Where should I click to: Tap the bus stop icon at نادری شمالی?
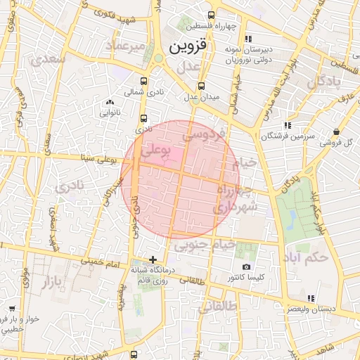point(144,81)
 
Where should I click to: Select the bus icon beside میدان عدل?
point(201,86)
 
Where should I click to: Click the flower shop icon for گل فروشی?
point(336,131)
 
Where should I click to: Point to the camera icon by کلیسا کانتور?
point(246,266)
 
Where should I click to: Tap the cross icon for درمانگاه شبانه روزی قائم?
point(153,259)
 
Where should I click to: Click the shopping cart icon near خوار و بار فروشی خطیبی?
point(11,309)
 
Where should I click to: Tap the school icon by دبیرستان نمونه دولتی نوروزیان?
point(248,38)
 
